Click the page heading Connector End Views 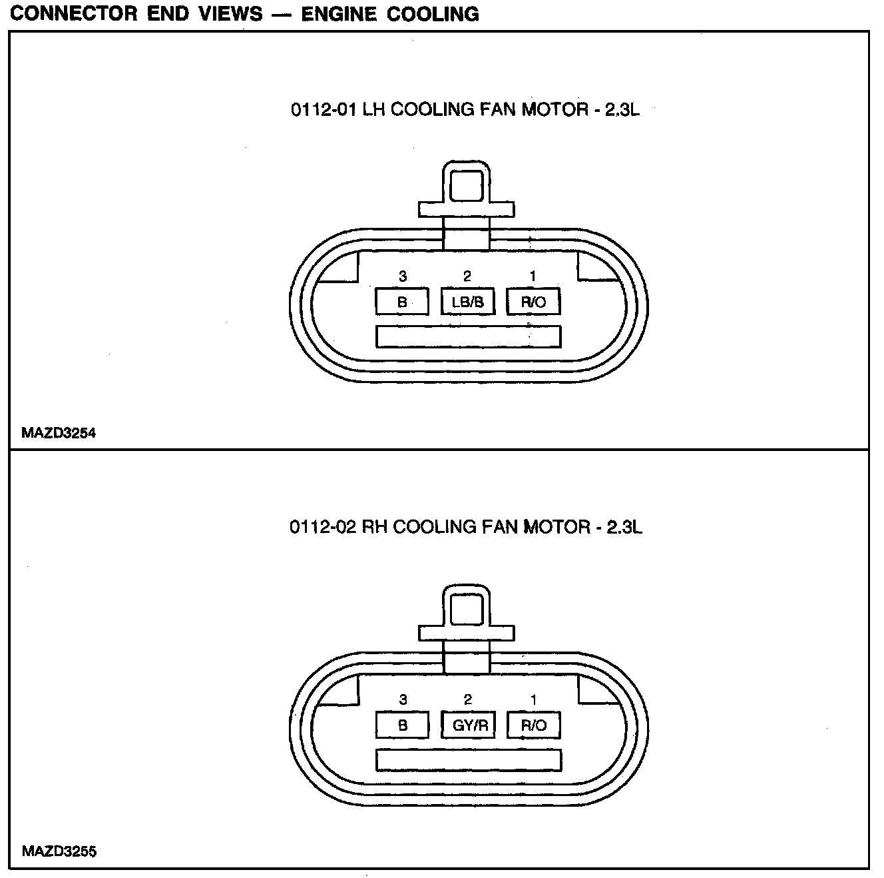tap(244, 14)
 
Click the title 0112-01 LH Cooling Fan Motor tap(465, 109)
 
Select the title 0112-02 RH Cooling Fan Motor tap(465, 528)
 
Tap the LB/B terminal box tap(468, 302)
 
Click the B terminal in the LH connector tap(402, 302)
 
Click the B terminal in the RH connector tap(402, 725)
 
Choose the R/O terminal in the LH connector tap(533, 302)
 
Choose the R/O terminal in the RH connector tap(533, 725)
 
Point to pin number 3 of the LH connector tap(402, 276)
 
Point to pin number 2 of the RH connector tap(468, 699)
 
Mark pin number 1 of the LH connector tap(533, 276)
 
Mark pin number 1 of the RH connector tap(533, 699)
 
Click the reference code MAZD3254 tap(59, 433)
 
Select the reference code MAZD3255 tap(59, 851)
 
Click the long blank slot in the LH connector tap(468, 336)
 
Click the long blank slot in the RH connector tap(468, 760)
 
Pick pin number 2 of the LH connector tap(467, 276)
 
